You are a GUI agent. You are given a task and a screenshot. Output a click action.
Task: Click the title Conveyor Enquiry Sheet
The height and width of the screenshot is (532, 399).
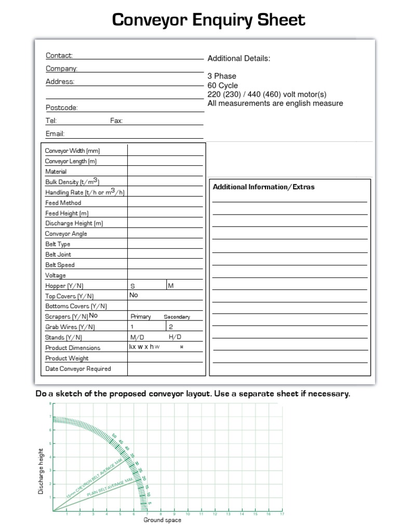click(209, 20)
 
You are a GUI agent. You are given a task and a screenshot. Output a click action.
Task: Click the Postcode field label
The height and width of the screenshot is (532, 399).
click(61, 108)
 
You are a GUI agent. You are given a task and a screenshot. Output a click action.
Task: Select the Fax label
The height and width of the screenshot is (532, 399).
click(116, 121)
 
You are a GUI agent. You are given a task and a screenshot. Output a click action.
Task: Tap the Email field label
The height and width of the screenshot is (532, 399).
click(55, 134)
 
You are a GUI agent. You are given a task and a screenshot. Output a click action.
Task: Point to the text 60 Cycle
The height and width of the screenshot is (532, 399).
click(222, 85)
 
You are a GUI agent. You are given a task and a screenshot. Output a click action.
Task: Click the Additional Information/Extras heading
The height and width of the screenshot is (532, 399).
click(263, 187)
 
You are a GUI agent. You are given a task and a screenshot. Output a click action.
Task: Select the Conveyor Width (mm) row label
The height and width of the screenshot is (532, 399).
click(72, 151)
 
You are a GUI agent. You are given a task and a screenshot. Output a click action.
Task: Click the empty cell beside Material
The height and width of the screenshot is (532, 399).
click(165, 171)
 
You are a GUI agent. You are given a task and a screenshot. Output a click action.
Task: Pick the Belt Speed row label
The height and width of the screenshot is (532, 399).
click(60, 265)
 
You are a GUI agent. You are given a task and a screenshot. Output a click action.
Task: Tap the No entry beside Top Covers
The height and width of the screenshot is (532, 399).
click(134, 295)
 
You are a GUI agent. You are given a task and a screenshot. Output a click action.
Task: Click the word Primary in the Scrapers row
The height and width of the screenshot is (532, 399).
click(141, 317)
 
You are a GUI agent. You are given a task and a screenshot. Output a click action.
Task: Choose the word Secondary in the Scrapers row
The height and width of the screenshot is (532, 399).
click(177, 317)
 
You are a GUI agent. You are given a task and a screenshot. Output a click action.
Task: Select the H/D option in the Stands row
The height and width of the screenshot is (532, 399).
click(175, 337)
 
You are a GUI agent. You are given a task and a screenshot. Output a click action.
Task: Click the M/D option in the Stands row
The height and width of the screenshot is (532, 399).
click(137, 337)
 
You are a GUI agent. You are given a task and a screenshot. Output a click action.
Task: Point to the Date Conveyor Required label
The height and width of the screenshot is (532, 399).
click(78, 369)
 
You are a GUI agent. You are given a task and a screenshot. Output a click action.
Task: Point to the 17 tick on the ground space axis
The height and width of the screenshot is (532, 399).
click(282, 514)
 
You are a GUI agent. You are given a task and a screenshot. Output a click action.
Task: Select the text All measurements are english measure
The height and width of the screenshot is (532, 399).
click(275, 103)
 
